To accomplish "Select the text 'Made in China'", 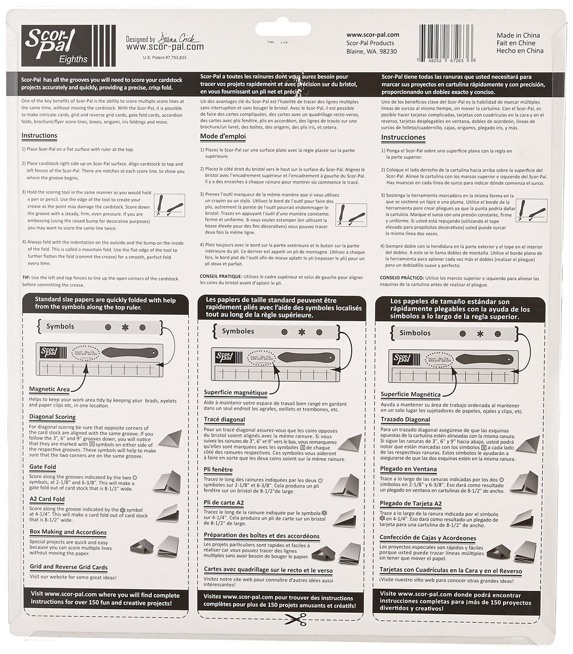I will pos(518,36).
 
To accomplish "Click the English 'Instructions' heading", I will pos(39,136).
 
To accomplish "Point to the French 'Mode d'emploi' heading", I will pos(223,136).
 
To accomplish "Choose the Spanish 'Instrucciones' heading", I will pos(403,137).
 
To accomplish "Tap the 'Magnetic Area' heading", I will pos(49,389).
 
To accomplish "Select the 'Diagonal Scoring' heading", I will pos(52,417).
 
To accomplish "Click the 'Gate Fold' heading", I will pos(42,467).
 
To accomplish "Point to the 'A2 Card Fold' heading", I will pos(47,500).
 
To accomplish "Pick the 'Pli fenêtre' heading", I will pos(218,470).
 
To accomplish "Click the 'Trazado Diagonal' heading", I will pos(405,420).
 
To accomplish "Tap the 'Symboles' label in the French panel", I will pos(238,331).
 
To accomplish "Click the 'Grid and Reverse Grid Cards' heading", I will pos(68,567).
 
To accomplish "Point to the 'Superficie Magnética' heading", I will pos(410,394).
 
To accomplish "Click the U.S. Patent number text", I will pos(164,57).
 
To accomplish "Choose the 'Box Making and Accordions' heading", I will pos(68,532).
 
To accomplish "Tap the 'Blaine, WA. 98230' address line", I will pos(371,51).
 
